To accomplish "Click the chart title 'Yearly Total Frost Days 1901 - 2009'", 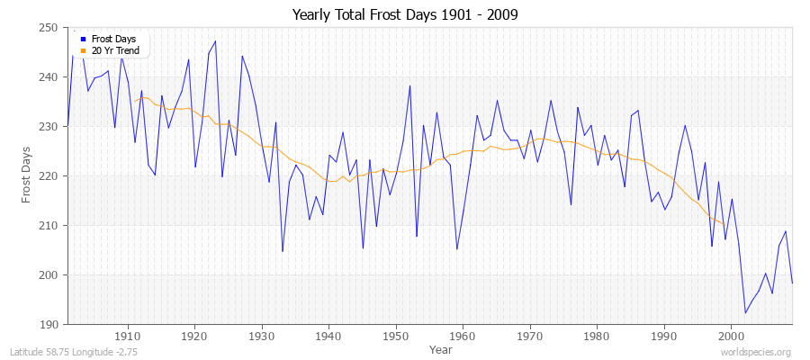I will pos(404,15).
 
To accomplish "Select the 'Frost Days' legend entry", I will pos(112,40).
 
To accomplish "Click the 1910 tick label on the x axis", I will pos(128,336).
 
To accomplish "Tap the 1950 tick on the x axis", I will pos(396,336).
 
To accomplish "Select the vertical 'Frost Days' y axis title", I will pos(27,175).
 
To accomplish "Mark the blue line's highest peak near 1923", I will pos(215,40).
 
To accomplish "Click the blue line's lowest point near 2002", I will pos(745,312).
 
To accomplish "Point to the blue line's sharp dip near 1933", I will pos(283,251).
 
